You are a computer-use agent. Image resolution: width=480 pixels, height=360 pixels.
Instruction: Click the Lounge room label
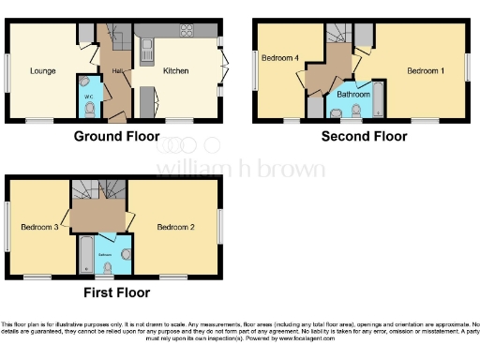(x=42, y=70)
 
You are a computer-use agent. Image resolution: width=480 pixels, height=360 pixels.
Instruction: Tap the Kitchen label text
(x=176, y=70)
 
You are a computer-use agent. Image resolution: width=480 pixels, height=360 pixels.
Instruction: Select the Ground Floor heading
(x=116, y=137)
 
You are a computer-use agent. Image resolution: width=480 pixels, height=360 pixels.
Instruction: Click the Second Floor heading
(x=364, y=137)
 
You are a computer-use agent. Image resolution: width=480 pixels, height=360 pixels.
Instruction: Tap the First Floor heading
(x=116, y=292)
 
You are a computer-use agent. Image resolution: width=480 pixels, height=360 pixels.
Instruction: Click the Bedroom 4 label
(x=279, y=58)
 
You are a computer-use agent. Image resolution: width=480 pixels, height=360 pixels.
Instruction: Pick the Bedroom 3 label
(x=40, y=227)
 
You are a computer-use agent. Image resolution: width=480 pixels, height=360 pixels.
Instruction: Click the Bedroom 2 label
(x=175, y=227)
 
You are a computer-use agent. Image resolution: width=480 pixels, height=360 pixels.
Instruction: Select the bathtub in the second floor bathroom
(x=377, y=99)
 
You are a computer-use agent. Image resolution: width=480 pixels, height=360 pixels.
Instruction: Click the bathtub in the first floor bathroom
(x=84, y=254)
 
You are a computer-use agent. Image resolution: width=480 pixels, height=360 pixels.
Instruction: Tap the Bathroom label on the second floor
(x=353, y=94)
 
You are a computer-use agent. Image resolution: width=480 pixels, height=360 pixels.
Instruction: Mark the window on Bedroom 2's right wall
(x=220, y=227)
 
